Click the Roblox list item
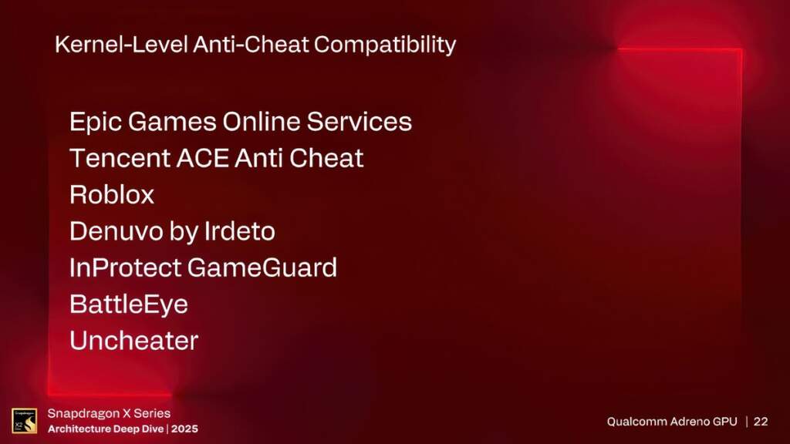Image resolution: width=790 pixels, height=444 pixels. [x=112, y=194]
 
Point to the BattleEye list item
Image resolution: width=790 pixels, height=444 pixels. [x=129, y=304]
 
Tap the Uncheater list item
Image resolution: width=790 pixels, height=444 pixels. [x=134, y=340]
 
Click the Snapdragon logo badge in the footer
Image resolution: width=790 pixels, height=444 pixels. [x=24, y=420]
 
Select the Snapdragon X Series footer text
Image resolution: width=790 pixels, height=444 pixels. [x=109, y=413]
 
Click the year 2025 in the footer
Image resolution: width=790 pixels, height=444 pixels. [x=184, y=428]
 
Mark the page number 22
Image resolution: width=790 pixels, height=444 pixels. [x=761, y=422]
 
